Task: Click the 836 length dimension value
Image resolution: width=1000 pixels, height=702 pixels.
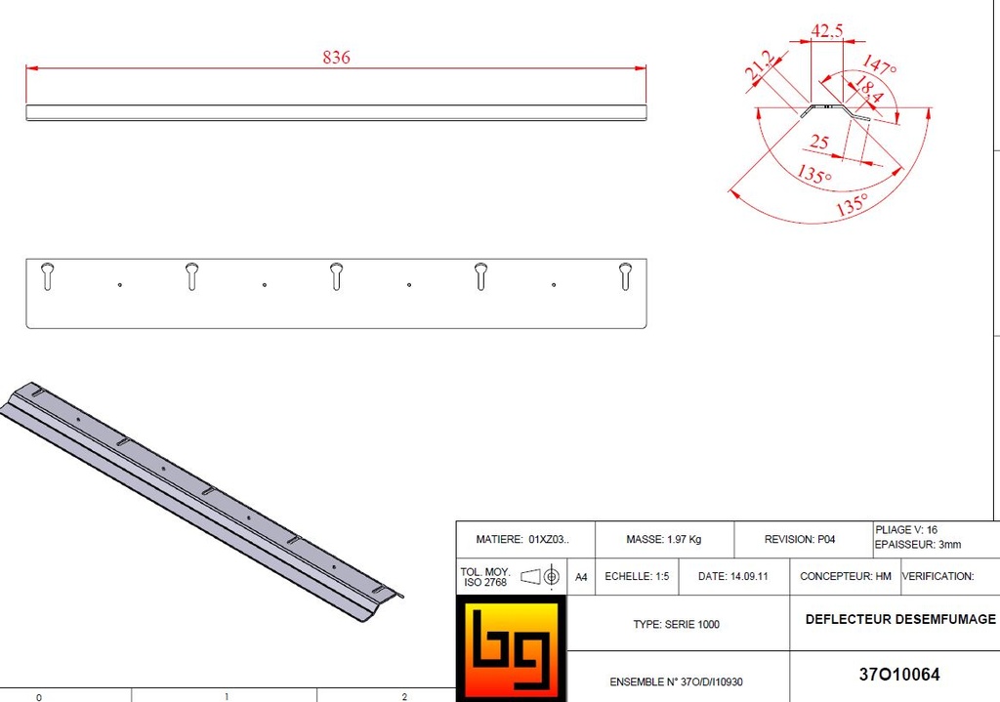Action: tap(336, 58)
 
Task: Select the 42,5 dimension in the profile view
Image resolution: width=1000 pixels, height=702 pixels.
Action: tap(826, 30)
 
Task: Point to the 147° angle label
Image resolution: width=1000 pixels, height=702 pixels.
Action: tap(879, 67)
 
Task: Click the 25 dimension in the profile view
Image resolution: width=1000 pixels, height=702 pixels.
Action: tap(819, 143)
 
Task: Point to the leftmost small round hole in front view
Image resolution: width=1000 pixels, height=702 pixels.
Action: tap(119, 285)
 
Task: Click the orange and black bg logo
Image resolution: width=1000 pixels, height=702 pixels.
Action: tap(511, 647)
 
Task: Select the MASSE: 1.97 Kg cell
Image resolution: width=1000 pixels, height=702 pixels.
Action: tap(663, 539)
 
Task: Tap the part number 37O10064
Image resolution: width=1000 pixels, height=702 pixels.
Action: tap(898, 674)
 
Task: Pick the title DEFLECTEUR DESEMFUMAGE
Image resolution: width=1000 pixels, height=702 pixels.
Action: tap(899, 619)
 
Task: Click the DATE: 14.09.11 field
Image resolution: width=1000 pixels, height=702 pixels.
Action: tap(732, 576)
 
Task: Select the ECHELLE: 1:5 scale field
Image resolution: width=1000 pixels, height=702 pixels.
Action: tap(637, 576)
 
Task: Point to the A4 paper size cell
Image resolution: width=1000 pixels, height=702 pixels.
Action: tap(581, 577)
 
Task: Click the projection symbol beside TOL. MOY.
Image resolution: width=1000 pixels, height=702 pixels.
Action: tap(540, 577)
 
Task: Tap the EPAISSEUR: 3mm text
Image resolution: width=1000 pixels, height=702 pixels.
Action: tap(918, 544)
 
